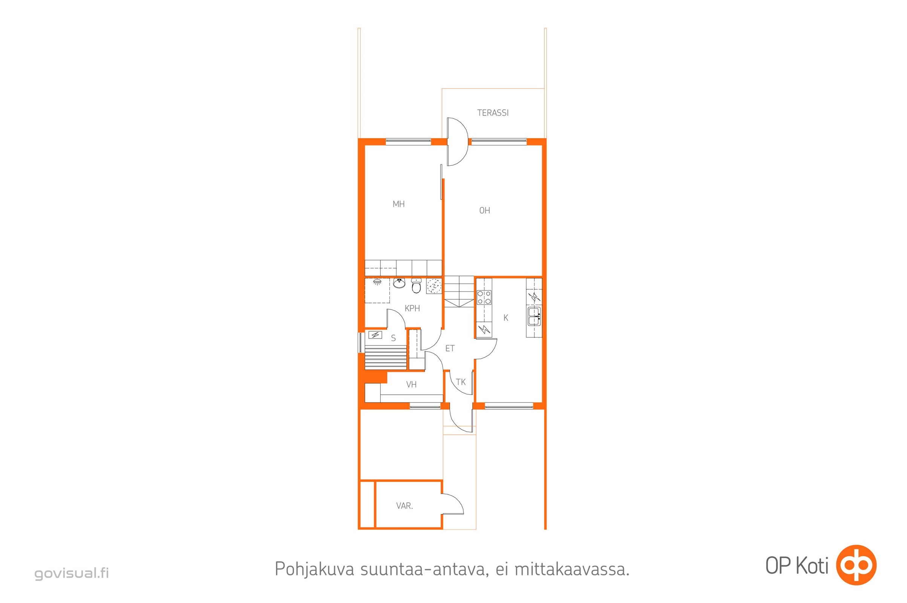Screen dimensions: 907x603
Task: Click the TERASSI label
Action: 492,113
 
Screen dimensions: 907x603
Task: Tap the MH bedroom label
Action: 398,204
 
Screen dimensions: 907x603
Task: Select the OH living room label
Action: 484,210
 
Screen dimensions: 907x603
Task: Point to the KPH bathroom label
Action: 412,308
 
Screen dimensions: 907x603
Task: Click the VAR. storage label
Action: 404,506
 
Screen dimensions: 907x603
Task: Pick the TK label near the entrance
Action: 460,382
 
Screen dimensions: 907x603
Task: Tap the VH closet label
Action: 411,384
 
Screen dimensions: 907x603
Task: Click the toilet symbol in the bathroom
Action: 416,286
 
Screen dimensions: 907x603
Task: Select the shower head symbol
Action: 378,282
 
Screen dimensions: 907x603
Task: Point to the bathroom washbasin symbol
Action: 400,283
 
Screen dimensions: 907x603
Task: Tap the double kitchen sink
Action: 534,316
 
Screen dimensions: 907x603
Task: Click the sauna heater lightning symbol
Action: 375,335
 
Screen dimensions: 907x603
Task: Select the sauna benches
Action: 386,357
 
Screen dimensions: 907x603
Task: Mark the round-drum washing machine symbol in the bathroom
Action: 434,286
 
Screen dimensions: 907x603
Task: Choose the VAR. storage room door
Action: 453,504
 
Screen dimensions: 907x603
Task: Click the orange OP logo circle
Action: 856,565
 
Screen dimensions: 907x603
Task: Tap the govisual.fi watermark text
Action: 72,573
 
